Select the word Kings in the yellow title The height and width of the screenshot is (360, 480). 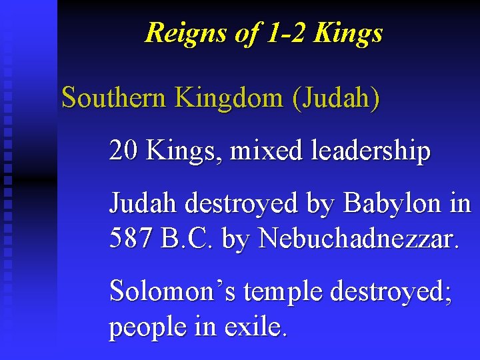(x=350, y=33)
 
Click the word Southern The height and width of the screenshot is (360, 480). (x=113, y=97)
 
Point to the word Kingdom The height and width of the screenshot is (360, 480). (x=229, y=97)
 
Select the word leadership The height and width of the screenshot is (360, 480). (x=369, y=151)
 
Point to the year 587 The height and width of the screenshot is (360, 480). (x=131, y=238)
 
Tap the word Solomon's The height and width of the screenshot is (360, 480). (x=167, y=291)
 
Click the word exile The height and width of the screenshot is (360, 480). (x=257, y=326)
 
